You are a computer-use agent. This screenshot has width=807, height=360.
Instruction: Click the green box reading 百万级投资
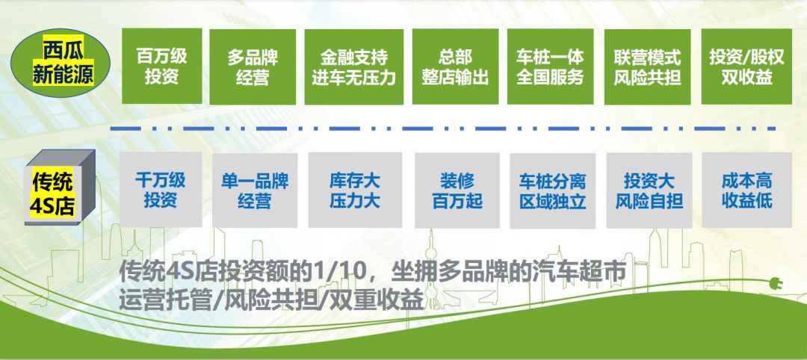161,66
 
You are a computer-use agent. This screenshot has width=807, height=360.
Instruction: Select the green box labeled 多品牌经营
253,66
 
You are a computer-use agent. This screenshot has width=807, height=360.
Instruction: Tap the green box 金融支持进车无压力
353,66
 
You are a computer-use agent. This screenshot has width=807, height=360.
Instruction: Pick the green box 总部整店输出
455,66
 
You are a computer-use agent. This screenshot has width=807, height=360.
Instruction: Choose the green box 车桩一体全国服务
550,66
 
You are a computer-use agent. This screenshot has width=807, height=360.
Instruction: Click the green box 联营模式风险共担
647,66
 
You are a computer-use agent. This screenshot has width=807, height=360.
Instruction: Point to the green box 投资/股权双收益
746,66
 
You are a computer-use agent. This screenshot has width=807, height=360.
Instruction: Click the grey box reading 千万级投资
161,189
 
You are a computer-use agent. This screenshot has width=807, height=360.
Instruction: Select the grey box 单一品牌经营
255,190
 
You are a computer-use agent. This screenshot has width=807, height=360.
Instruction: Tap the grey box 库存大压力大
355,190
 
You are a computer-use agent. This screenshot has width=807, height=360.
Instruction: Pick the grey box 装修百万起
457,190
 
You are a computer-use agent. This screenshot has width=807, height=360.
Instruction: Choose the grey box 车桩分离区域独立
552,190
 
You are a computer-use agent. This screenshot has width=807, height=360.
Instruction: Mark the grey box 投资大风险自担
649,190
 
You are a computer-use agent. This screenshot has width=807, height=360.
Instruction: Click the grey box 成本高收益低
746,190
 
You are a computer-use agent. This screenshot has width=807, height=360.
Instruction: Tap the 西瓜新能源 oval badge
61,63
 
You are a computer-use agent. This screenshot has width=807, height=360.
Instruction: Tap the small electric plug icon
775,283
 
